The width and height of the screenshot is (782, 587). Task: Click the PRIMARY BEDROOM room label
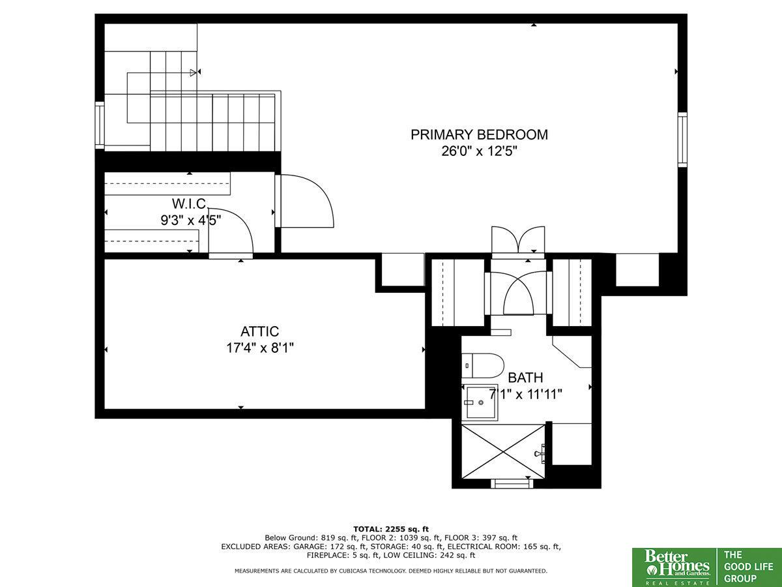point(479,135)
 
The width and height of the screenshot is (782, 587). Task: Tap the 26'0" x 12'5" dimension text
point(479,151)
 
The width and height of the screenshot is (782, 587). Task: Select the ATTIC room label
point(260,331)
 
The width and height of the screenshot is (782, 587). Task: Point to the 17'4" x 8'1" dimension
point(260,348)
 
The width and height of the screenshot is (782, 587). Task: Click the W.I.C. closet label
point(189,204)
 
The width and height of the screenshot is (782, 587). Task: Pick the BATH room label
point(525,378)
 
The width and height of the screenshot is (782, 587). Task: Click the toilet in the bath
point(483,366)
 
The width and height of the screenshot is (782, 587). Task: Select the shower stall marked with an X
point(503,451)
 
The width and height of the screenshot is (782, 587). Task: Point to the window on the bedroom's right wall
point(682,140)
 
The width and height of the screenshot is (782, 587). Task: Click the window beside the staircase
point(100,125)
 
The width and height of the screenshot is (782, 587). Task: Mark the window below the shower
point(512,484)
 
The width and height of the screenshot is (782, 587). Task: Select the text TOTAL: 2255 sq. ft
point(391,529)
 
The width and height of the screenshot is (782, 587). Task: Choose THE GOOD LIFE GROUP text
point(749,567)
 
